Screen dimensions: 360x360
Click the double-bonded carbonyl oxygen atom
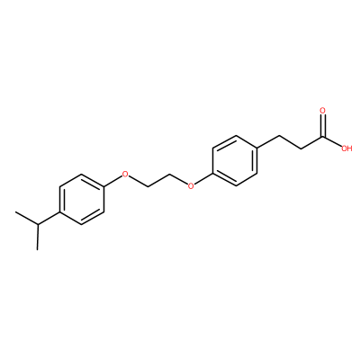point(323,111)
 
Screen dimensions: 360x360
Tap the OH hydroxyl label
point(346,148)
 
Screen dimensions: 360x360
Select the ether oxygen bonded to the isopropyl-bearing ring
point(125,174)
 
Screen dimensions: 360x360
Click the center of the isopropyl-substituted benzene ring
point(82,199)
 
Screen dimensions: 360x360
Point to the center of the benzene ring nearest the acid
point(235,161)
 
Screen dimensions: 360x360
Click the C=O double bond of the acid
point(323,126)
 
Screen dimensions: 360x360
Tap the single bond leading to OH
point(331,141)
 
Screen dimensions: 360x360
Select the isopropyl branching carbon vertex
point(38,224)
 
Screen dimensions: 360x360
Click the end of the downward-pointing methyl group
point(38,249)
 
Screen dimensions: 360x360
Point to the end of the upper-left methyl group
point(15,212)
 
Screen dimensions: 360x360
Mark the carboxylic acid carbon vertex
point(323,137)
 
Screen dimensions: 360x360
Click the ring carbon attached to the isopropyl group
point(59,211)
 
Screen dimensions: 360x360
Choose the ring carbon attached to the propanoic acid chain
point(257,148)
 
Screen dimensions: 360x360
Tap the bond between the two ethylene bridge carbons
point(158,180)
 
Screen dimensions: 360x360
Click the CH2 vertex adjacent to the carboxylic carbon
point(301,148)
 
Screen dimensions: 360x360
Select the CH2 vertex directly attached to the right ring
point(279,136)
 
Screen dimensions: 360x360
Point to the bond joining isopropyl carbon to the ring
point(49,218)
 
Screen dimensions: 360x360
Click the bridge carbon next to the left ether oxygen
point(148,186)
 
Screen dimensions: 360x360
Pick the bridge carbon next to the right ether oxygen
point(169,174)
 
